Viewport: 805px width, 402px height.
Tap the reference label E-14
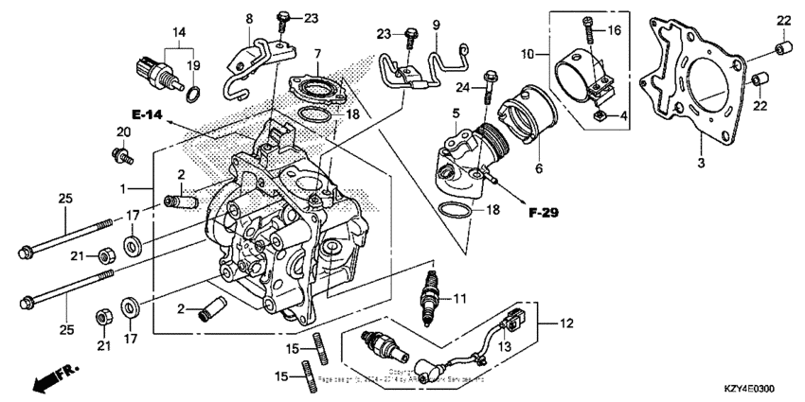pos(148,114)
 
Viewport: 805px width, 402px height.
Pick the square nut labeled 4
pos(601,116)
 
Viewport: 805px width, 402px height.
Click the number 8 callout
pos(250,19)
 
